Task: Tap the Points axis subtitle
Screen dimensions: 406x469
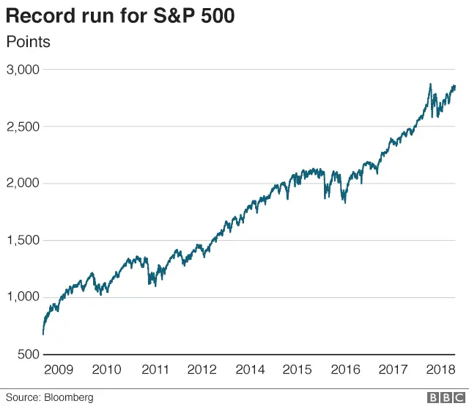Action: click(x=28, y=42)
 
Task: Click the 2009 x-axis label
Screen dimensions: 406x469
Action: click(x=59, y=369)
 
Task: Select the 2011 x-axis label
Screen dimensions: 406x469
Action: click(x=155, y=369)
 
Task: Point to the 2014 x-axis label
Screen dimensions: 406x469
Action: click(x=250, y=369)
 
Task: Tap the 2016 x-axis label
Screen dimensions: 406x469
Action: click(x=345, y=369)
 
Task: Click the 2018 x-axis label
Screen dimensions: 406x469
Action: click(x=440, y=369)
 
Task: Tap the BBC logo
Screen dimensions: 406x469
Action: click(x=442, y=397)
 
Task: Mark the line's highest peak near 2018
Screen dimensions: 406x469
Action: click(x=430, y=84)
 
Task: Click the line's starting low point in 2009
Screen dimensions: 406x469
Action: click(x=43, y=334)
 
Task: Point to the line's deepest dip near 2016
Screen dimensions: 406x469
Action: click(x=345, y=202)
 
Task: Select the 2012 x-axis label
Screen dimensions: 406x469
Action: click(x=202, y=369)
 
